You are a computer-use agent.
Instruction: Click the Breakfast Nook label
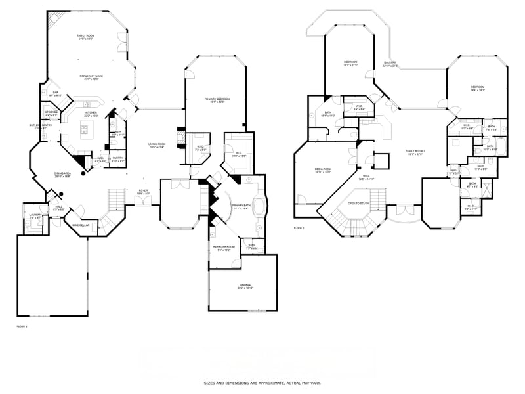click(91, 77)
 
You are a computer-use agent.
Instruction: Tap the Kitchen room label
click(90, 114)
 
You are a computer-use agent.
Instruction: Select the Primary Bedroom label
click(215, 100)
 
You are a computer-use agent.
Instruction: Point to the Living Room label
click(156, 145)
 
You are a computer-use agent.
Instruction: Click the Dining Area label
click(63, 175)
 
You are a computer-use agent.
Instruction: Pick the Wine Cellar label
click(81, 225)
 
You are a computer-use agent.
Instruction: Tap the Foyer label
click(142, 192)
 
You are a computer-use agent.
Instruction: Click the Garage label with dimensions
click(245, 286)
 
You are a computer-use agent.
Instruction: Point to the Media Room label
click(323, 170)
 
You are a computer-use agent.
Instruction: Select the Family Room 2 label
click(415, 152)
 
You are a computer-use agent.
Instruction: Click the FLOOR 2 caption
click(300, 228)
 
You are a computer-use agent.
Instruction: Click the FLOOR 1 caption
click(22, 326)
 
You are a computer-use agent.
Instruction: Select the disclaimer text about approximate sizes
click(262, 382)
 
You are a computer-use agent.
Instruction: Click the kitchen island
click(85, 130)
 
